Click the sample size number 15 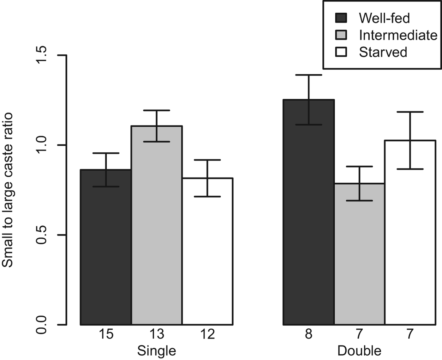106,334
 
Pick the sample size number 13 157,334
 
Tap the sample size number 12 207,334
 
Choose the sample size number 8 309,334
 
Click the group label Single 157,351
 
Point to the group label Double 359,351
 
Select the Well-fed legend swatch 341,18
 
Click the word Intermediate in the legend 398,35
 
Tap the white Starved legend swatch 341,52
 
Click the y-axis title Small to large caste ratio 8,190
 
